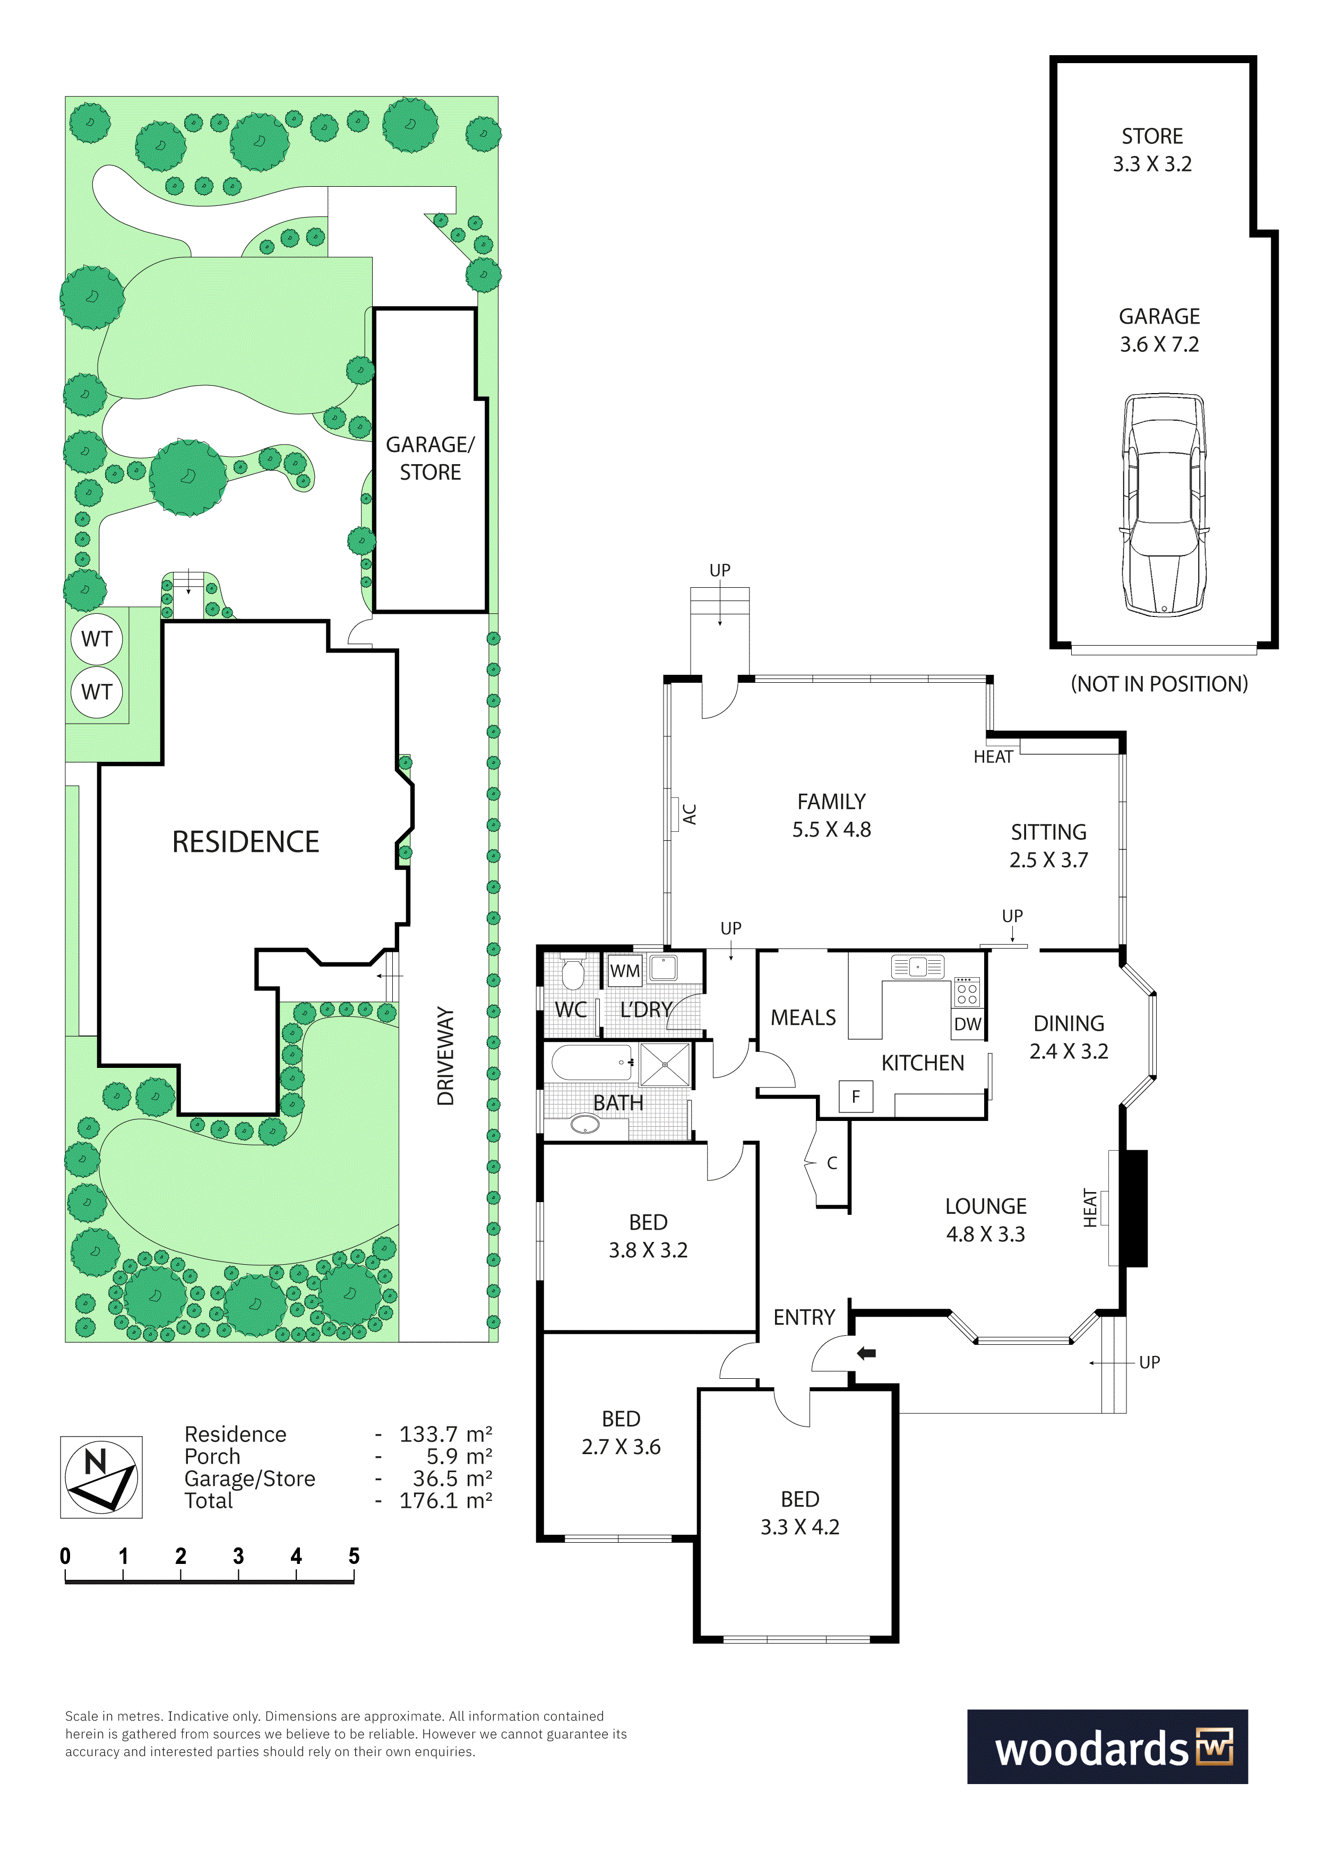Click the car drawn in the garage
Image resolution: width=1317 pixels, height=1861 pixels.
[1164, 504]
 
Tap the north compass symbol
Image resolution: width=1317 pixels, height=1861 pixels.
[101, 1477]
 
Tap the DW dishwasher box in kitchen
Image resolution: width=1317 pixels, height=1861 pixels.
[968, 1024]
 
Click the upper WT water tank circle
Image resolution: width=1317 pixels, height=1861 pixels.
[97, 639]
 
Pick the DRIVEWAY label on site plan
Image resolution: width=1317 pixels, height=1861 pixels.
[445, 1056]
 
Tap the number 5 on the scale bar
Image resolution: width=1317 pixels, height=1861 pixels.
[354, 1556]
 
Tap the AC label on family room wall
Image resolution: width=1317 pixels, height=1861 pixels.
[690, 814]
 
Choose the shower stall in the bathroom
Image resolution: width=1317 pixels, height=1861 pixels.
[665, 1064]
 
